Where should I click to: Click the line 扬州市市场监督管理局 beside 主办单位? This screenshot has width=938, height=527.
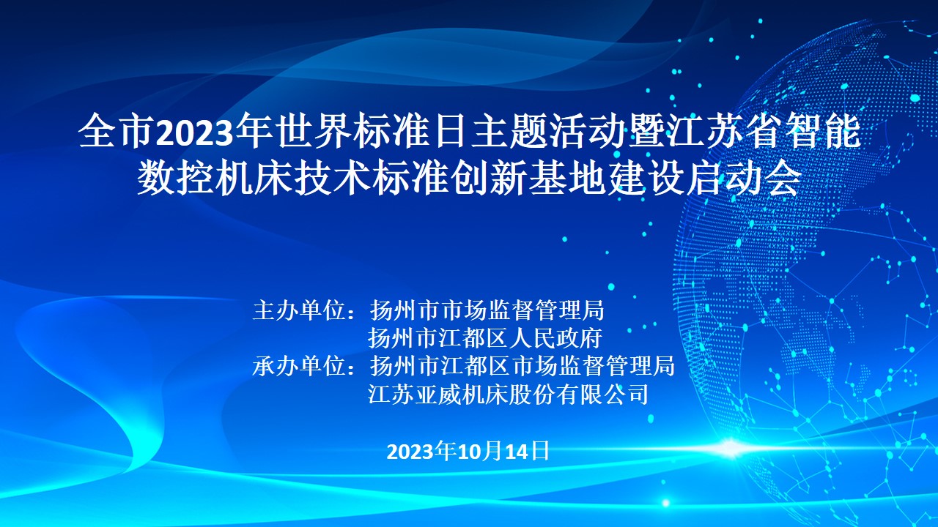coord(487,310)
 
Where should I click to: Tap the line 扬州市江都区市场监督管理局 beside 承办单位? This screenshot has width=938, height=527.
coord(522,365)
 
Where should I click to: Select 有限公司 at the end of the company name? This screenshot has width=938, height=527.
coord(602,394)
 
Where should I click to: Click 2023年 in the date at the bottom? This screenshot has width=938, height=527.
coord(421,452)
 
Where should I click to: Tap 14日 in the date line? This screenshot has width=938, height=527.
coord(527,452)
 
